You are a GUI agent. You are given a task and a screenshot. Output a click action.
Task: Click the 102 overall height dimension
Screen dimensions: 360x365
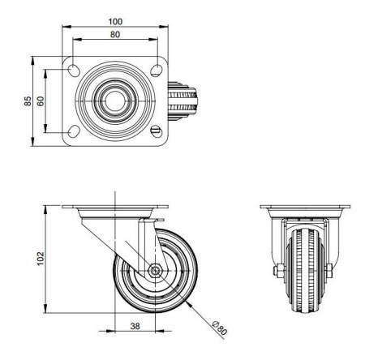pyautogui.click(x=41, y=258)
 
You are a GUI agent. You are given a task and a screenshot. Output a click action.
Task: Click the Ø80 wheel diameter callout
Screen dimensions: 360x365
pyautogui.click(x=218, y=328)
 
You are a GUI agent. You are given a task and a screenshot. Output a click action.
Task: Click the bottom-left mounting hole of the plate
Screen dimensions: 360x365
pyautogui.click(x=75, y=131)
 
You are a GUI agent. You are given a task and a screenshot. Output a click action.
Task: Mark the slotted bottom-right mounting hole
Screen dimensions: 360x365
pyautogui.click(x=157, y=131)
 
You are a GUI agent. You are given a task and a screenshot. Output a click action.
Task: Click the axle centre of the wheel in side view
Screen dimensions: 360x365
pyautogui.click(x=154, y=272)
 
